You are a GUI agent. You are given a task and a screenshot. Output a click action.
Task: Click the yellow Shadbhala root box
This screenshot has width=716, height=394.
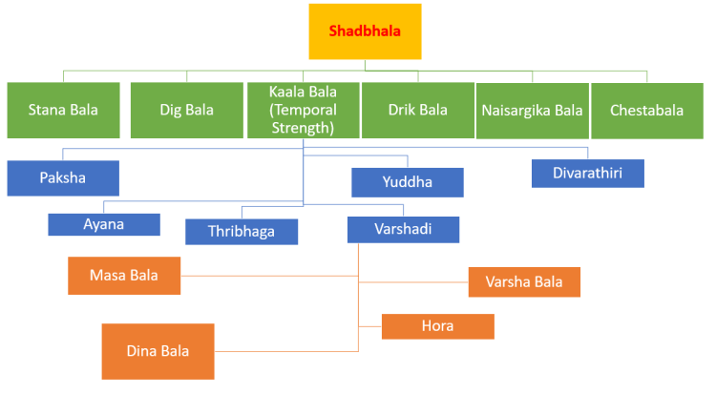point(365,31)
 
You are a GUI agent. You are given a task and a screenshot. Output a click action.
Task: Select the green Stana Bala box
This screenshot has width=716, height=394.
point(63,110)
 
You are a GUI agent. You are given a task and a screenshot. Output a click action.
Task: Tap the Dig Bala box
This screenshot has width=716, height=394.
point(186,110)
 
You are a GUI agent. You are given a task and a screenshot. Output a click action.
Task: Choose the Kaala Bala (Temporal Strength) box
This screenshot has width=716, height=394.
point(303,110)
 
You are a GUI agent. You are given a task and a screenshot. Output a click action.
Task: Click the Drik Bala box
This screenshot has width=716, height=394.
point(417,110)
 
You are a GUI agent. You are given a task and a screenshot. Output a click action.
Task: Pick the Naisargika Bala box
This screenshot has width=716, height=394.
point(532,110)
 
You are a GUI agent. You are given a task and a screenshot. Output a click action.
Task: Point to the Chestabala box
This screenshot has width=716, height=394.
point(646,110)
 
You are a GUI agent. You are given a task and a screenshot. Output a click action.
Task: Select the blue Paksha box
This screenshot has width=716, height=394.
point(63,177)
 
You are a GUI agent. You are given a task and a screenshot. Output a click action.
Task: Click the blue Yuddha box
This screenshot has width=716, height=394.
point(407,181)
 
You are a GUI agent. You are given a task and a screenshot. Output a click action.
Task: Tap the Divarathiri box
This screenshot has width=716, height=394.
point(587,173)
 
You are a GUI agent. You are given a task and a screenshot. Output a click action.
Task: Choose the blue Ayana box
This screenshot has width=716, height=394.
point(103,224)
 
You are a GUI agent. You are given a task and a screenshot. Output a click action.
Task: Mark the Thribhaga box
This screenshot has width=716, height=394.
point(241,232)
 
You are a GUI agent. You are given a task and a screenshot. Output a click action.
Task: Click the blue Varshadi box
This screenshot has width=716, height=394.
point(403,230)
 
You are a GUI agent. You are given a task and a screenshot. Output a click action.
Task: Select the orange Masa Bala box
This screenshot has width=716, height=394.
point(124,276)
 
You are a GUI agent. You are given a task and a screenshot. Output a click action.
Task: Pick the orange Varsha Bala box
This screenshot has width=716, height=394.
point(524,281)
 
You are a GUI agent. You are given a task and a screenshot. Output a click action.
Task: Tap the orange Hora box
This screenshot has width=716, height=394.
point(437,326)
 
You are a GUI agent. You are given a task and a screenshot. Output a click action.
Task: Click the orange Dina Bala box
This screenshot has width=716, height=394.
point(158,350)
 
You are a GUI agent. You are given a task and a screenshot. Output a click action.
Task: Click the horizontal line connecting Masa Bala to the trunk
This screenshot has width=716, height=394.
point(267,276)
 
